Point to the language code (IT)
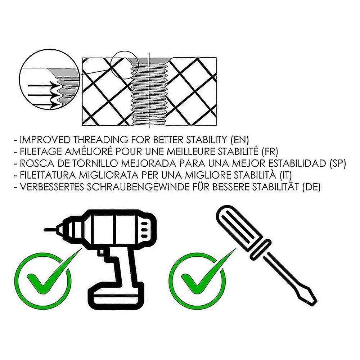click(x=285, y=175)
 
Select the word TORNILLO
click(x=95, y=163)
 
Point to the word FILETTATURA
click(x=48, y=175)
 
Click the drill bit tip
click(x=45, y=229)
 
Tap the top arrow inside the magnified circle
click(x=42, y=86)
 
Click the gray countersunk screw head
click(x=150, y=61)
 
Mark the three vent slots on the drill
click(x=144, y=230)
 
